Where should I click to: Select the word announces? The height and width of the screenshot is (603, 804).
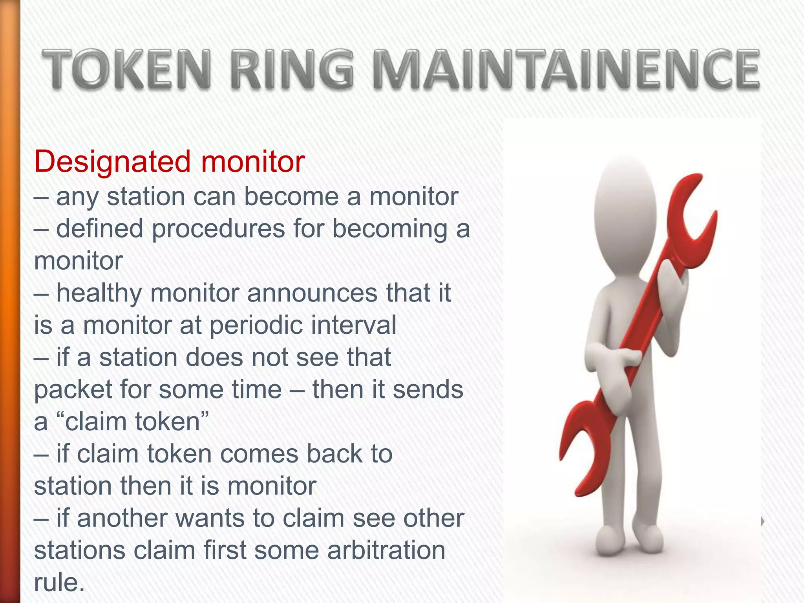[312, 294]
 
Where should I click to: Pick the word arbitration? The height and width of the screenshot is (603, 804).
[386, 550]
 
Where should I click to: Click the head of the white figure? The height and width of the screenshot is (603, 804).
[625, 204]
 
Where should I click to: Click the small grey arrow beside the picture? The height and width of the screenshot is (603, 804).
[762, 522]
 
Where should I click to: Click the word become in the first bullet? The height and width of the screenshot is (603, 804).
[291, 197]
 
